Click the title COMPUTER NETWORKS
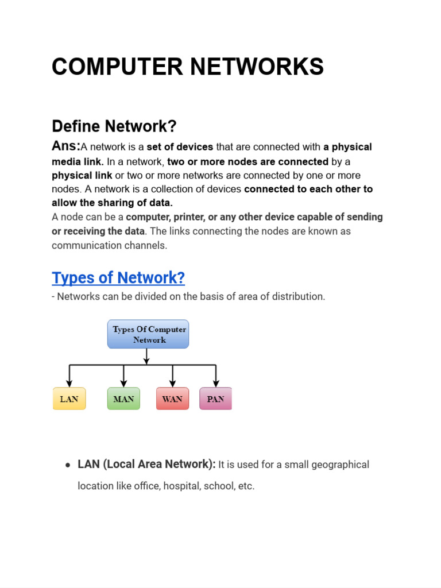click(187, 67)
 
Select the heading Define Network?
click(114, 126)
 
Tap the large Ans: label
click(65, 146)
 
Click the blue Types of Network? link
click(118, 278)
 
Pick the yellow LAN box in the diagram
click(69, 399)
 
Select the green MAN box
click(123, 399)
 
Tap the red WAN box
click(172, 399)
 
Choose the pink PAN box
click(215, 399)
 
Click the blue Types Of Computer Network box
click(148, 334)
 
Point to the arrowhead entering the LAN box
click(69, 384)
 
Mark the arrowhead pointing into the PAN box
click(216, 384)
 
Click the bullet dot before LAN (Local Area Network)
click(68, 465)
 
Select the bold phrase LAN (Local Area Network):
click(146, 464)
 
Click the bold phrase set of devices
click(180, 147)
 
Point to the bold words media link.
click(78, 161)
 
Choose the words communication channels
click(109, 245)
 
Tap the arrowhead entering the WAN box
click(172, 384)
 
